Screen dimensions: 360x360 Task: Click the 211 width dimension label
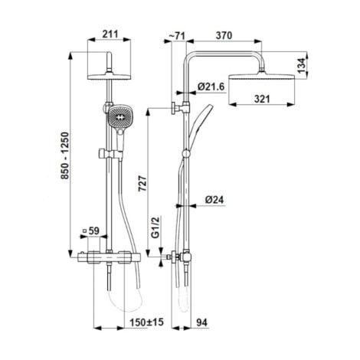point(110,34)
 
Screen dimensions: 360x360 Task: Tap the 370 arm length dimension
point(224,35)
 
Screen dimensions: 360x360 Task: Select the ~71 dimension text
point(177,36)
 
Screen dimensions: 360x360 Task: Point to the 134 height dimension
point(302,64)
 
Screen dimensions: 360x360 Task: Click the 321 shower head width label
point(262,99)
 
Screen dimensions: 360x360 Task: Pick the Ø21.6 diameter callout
point(211,87)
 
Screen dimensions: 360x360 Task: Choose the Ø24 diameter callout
point(214,199)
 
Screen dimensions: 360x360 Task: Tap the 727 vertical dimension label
point(142,183)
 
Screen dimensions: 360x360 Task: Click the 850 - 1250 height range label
point(65,155)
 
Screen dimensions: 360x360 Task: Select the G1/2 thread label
point(155,227)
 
